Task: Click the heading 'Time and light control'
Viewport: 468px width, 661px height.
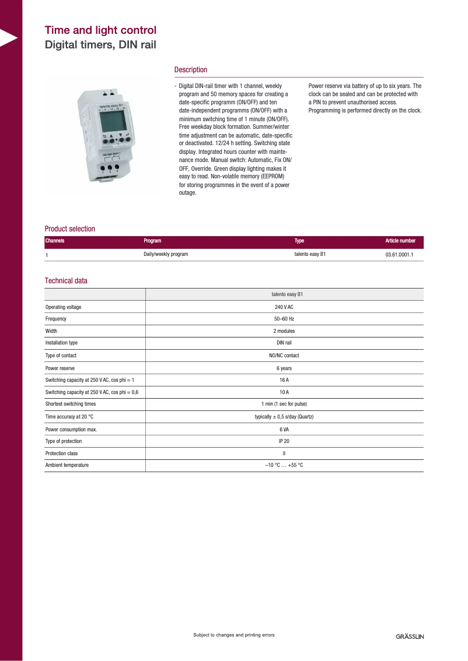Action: point(100,30)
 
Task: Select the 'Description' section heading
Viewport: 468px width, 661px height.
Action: point(190,70)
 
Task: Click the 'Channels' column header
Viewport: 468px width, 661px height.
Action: point(55,241)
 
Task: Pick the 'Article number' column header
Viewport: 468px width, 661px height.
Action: point(400,241)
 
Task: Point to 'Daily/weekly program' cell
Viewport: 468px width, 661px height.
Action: point(166,255)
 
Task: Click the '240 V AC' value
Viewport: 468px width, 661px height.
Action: point(284,307)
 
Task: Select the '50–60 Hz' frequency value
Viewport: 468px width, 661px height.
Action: point(284,319)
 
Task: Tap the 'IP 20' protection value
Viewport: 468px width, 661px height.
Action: point(284,441)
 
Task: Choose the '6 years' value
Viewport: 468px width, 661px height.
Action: point(284,368)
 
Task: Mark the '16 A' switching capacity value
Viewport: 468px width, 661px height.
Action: point(284,380)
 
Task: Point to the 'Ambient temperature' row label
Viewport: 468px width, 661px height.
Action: point(67,465)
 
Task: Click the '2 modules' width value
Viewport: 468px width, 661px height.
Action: point(284,331)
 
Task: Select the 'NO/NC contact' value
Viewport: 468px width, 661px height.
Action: point(284,356)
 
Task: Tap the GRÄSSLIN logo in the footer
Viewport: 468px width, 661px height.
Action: point(410,636)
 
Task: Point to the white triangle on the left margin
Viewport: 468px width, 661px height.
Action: point(8,38)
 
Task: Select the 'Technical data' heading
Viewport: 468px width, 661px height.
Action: point(66,281)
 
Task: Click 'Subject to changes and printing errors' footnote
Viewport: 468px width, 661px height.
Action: point(233,635)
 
